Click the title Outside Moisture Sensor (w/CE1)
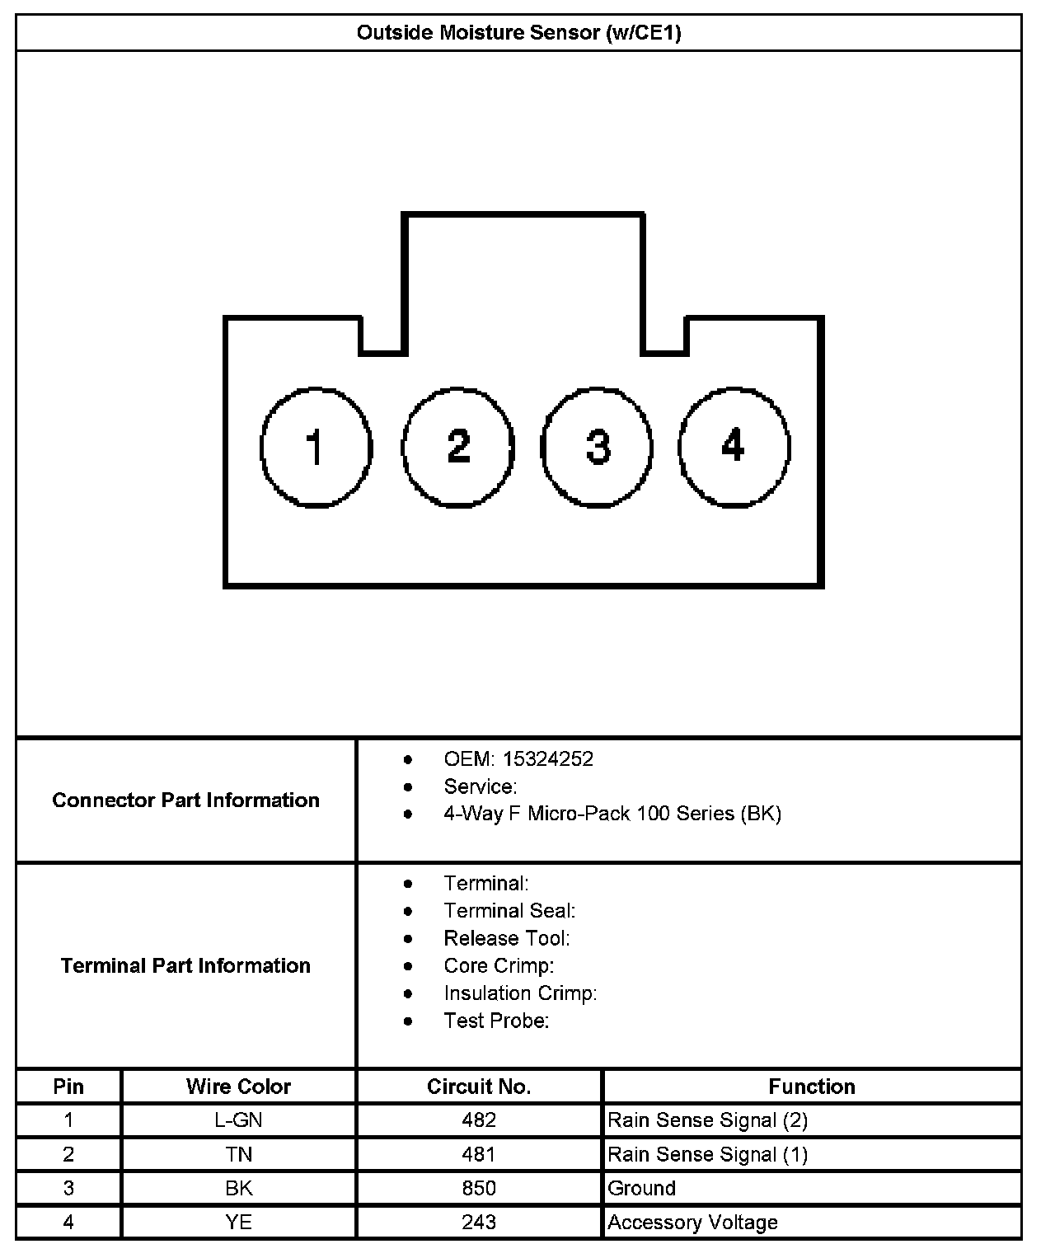(518, 33)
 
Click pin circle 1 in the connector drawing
(316, 446)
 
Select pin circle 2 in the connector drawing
(458, 446)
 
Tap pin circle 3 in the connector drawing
(598, 446)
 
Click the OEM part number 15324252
(548, 759)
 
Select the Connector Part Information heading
(185, 800)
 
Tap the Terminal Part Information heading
(185, 965)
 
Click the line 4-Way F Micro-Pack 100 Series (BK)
(612, 814)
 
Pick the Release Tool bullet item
(506, 938)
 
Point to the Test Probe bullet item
(496, 1021)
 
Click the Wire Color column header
(238, 1087)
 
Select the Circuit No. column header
(479, 1087)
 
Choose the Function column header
(812, 1087)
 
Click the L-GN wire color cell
(238, 1120)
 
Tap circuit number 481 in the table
(479, 1154)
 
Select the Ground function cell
(641, 1188)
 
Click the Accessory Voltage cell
(692, 1222)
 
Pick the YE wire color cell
(238, 1222)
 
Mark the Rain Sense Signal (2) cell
(707, 1120)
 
